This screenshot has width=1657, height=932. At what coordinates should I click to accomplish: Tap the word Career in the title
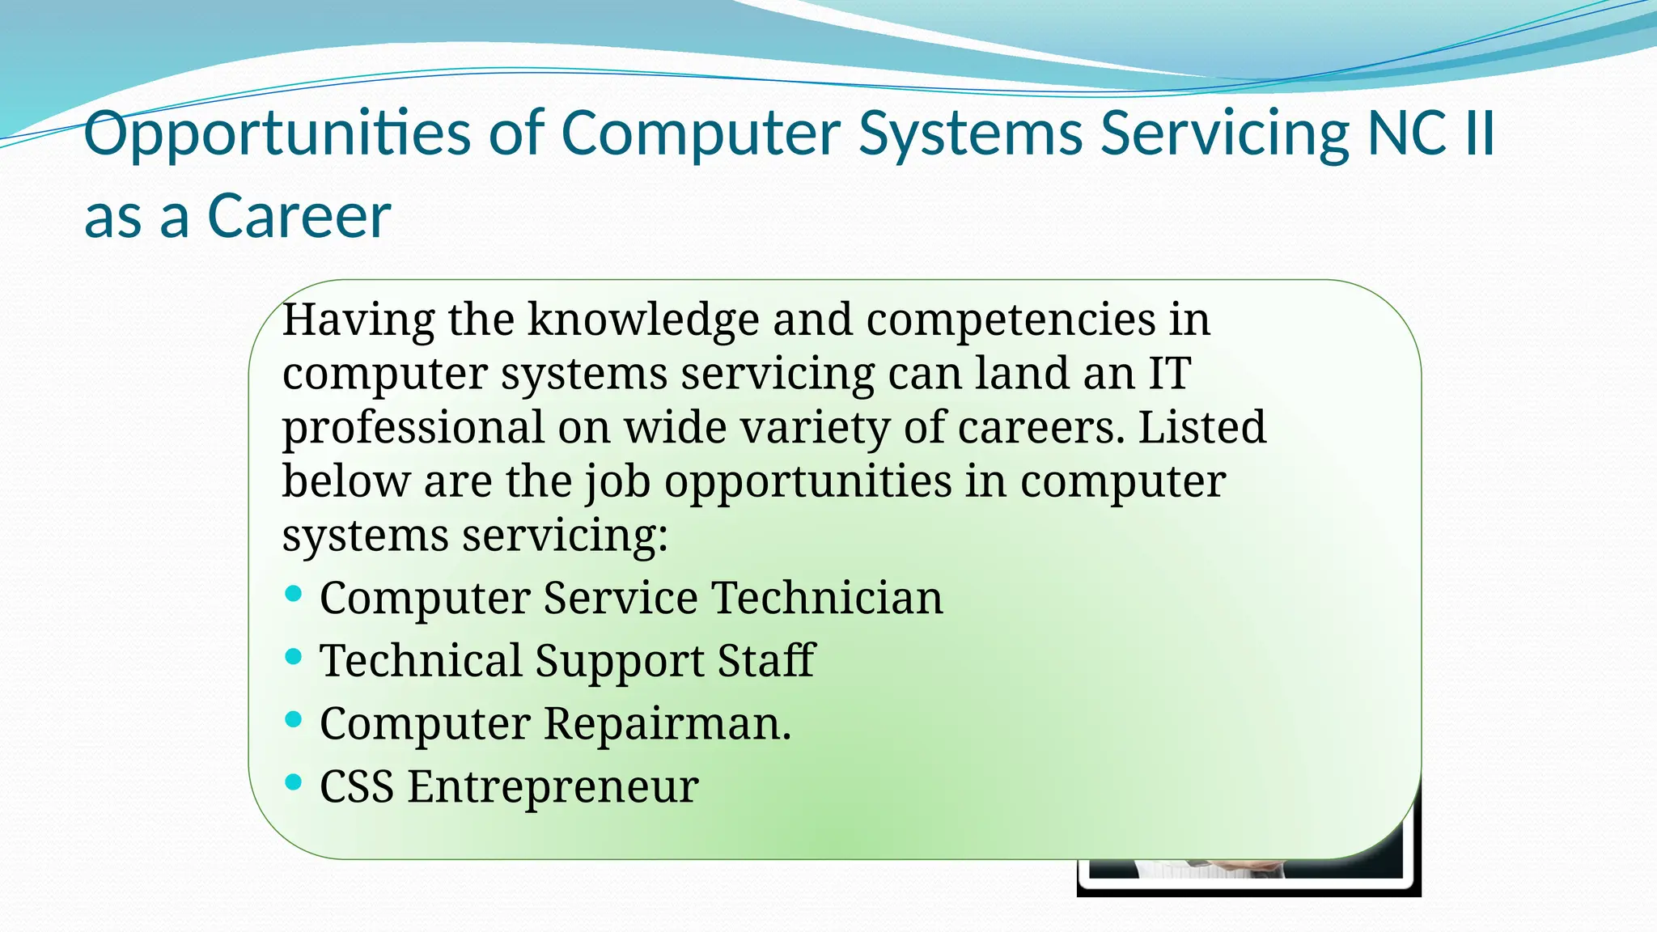point(299,217)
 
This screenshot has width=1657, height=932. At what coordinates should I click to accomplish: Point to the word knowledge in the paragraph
point(643,320)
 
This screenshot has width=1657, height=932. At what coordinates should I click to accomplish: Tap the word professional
point(413,427)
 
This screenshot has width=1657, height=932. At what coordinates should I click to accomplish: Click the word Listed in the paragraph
point(1201,427)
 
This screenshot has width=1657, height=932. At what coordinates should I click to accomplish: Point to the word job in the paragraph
point(617,481)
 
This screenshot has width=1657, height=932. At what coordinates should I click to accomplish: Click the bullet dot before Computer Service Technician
point(294,595)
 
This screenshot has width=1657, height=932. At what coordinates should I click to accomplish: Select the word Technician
point(827,598)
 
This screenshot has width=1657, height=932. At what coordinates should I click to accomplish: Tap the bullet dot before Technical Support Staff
point(294,657)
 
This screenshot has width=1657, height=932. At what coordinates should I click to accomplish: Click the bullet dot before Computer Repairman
point(294,719)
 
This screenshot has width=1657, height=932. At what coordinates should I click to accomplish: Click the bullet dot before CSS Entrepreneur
point(294,782)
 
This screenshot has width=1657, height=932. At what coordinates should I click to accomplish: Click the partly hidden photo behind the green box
point(1250,878)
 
